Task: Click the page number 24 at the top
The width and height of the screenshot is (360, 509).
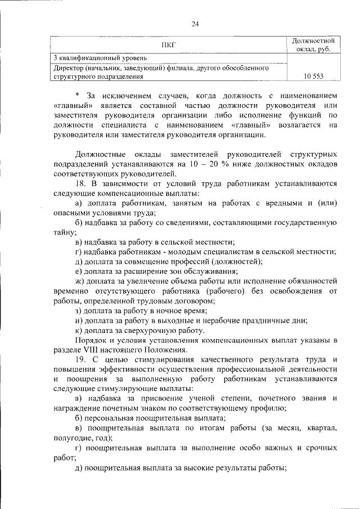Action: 195,24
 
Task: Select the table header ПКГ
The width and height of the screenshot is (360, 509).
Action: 168,46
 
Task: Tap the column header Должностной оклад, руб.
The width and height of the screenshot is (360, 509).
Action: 314,45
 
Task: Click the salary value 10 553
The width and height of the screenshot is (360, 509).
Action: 314,76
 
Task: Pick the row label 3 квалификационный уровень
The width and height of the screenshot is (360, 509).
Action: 101,58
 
